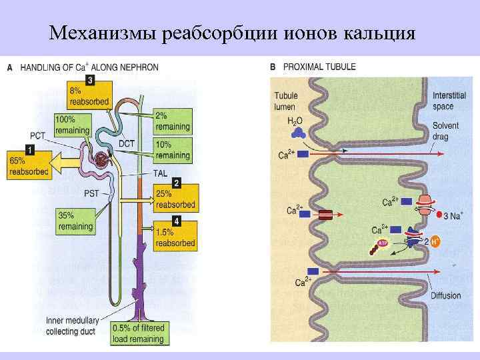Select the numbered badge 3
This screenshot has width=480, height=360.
(x=90, y=79)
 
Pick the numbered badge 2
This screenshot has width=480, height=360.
(x=176, y=181)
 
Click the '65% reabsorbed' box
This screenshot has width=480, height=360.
(x=29, y=166)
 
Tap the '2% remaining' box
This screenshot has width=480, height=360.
(x=172, y=121)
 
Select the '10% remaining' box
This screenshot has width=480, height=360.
(x=172, y=150)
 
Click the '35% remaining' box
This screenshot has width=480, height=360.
(x=75, y=221)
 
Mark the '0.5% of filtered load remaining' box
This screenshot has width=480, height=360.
(x=138, y=334)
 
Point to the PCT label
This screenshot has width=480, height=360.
(x=37, y=135)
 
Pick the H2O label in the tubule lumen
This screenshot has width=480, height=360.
(x=295, y=121)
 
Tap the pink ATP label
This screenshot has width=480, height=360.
(x=383, y=244)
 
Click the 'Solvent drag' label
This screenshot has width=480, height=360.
(x=445, y=131)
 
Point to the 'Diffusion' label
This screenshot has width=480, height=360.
(x=445, y=295)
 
